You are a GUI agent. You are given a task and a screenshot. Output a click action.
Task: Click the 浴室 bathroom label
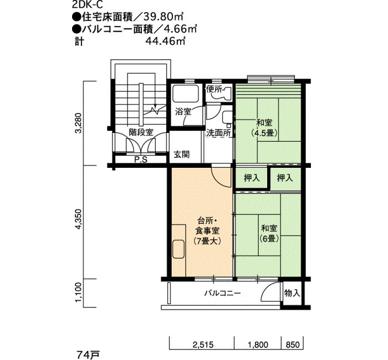click(x=183, y=112)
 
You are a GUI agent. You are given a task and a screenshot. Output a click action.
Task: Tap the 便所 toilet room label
click(x=215, y=89)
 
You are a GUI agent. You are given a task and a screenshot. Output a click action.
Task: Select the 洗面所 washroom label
click(x=218, y=133)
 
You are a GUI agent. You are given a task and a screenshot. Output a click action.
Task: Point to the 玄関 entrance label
click(x=182, y=155)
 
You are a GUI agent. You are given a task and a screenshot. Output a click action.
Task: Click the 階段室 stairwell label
click(x=141, y=132)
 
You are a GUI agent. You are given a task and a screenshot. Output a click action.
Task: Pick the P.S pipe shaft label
click(x=141, y=160)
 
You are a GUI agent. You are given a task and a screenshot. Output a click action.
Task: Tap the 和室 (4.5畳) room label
click(x=264, y=127)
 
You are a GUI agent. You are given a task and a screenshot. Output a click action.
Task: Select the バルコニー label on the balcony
click(x=222, y=294)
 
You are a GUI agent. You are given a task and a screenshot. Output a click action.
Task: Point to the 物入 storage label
click(x=292, y=293)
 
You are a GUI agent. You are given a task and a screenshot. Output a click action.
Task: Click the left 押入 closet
click(x=252, y=178)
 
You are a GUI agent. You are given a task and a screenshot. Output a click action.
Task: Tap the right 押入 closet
click(x=285, y=178)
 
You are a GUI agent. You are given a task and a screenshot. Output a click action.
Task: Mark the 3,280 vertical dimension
click(x=79, y=123)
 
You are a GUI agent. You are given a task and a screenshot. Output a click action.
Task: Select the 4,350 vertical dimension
click(x=79, y=219)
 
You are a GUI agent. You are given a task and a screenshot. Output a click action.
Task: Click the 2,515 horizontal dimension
click(x=203, y=344)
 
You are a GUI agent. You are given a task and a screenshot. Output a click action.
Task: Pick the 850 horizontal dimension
click(x=293, y=344)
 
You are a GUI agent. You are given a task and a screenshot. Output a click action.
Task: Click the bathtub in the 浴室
click(x=186, y=94)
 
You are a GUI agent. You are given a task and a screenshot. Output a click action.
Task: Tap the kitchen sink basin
click(x=178, y=249)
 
